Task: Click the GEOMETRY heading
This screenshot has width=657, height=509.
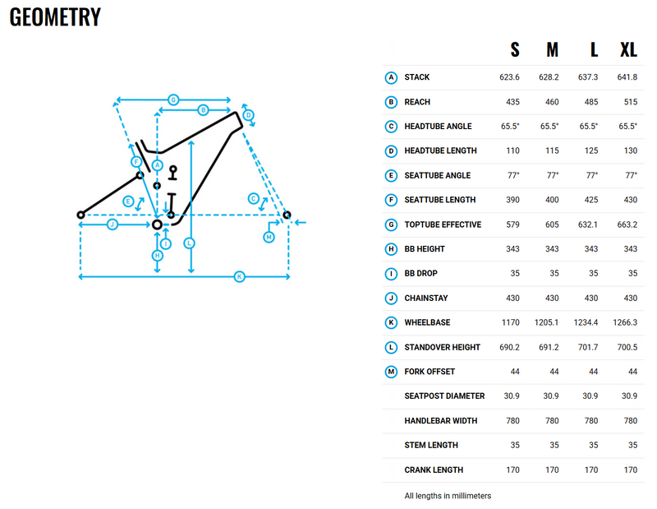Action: click(x=55, y=16)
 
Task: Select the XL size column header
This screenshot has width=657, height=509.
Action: click(x=628, y=50)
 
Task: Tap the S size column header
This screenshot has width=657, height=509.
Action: click(x=515, y=50)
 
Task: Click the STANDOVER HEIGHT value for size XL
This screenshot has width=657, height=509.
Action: click(x=628, y=347)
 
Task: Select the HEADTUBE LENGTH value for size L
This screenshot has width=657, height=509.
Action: click(x=590, y=151)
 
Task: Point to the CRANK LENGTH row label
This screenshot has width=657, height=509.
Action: click(x=434, y=470)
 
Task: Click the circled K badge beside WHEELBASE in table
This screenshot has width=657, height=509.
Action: click(x=392, y=322)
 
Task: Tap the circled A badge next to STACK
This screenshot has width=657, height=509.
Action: click(x=392, y=77)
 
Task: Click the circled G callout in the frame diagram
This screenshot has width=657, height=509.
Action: click(x=173, y=99)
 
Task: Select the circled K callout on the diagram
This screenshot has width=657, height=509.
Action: click(x=239, y=277)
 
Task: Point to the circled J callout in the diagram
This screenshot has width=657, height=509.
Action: click(x=113, y=224)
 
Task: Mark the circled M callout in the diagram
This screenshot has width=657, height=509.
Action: click(x=269, y=237)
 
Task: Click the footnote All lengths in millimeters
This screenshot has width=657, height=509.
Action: click(x=448, y=496)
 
